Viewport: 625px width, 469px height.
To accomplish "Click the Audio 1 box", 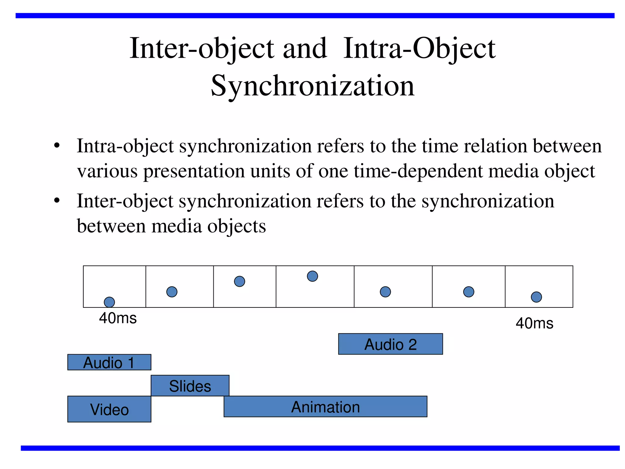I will tap(109, 362).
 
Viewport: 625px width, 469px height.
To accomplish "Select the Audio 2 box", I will tap(390, 344).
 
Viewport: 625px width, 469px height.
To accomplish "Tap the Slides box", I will tap(190, 386).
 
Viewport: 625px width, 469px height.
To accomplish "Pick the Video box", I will tap(109, 409).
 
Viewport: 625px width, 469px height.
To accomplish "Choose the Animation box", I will tap(325, 407).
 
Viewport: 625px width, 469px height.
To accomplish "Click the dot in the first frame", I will tap(109, 302).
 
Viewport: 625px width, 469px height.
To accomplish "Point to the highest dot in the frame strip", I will tap(312, 276).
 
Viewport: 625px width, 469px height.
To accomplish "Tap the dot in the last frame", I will tap(536, 297).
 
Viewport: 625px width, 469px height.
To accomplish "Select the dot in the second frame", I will tap(172, 292).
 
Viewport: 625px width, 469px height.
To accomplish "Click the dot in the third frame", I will tap(240, 281).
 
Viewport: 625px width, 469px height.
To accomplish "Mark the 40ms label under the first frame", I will tap(118, 318).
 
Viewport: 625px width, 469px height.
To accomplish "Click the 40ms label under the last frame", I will tap(534, 323).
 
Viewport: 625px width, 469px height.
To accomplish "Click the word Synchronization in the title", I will tap(312, 86).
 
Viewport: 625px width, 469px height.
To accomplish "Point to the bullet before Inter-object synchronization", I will tap(57, 201).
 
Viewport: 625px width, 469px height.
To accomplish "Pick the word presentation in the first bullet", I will tap(194, 171).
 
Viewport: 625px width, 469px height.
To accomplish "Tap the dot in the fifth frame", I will tap(385, 292).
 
